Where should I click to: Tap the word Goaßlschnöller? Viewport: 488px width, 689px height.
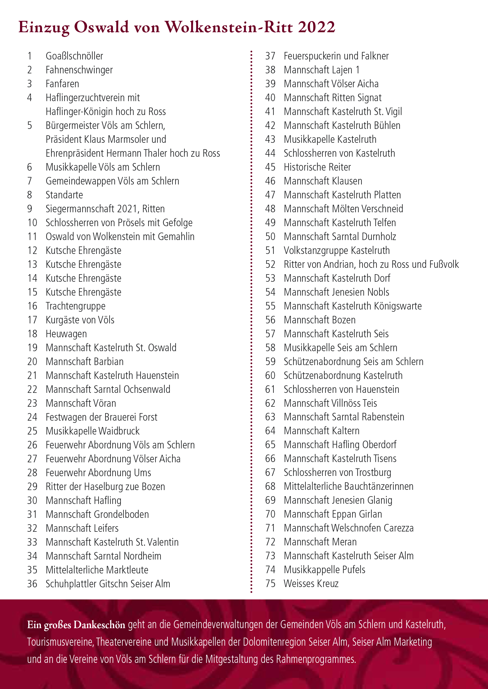tap(74, 56)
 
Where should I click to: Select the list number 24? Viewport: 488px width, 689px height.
tap(32, 417)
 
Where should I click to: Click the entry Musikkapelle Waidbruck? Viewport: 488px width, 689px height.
tap(93, 431)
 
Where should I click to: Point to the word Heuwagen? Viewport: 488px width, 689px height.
tap(66, 334)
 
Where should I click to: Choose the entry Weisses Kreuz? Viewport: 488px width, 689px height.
tap(311, 584)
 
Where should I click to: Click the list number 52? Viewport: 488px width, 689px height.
tap(270, 264)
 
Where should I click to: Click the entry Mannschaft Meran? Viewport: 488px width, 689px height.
tap(320, 542)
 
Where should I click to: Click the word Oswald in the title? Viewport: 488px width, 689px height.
tap(101, 27)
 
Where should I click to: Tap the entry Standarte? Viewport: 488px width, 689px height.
tap(64, 195)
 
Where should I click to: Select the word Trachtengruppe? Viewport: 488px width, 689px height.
tap(75, 306)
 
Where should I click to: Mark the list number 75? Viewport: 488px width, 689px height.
tap(270, 584)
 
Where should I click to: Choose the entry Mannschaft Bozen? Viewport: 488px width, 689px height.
tap(319, 320)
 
